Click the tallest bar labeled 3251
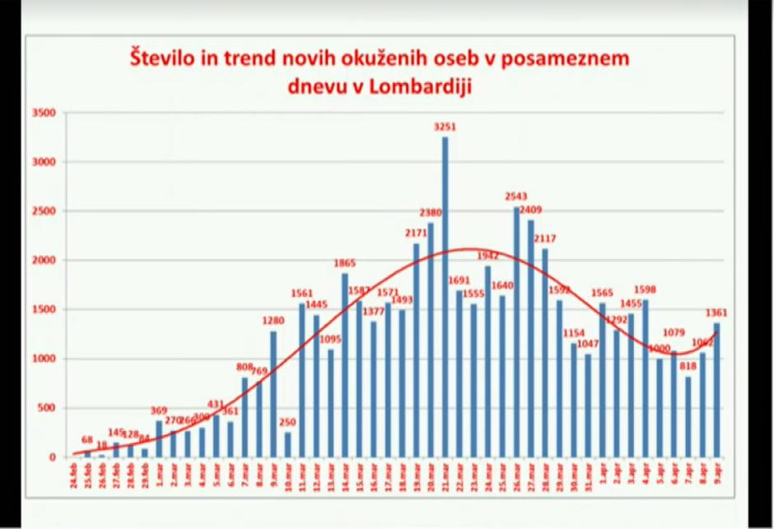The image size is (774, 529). click(x=445, y=297)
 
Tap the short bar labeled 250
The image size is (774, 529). click(x=287, y=444)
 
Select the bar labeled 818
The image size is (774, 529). click(x=688, y=416)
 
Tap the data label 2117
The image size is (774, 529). click(x=545, y=239)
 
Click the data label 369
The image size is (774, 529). click(x=159, y=411)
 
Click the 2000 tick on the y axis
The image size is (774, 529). click(x=44, y=260)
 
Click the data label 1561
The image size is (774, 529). click(x=302, y=293)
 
